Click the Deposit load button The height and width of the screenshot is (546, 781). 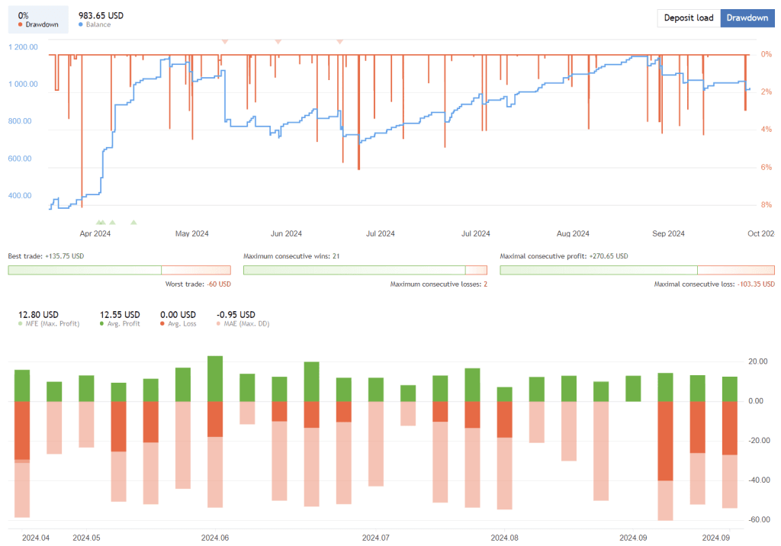click(x=689, y=18)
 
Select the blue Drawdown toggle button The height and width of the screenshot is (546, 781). click(x=747, y=18)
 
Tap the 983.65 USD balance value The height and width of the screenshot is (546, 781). click(x=101, y=15)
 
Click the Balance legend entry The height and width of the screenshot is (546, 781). click(x=98, y=25)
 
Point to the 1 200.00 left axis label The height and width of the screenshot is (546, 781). click(x=24, y=47)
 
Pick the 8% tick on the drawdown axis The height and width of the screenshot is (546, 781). click(x=767, y=204)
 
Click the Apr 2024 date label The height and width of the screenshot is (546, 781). click(x=95, y=233)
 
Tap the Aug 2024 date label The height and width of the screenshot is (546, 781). click(x=573, y=233)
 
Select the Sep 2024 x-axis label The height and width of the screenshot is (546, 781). click(x=669, y=233)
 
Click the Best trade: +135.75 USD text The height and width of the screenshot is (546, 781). click(x=46, y=256)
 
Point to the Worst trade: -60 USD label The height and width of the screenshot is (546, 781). click(x=198, y=284)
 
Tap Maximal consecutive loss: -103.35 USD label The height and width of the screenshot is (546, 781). click(x=714, y=284)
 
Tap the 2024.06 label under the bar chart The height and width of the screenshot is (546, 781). click(x=215, y=538)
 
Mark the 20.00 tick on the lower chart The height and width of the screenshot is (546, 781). click(x=757, y=361)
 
